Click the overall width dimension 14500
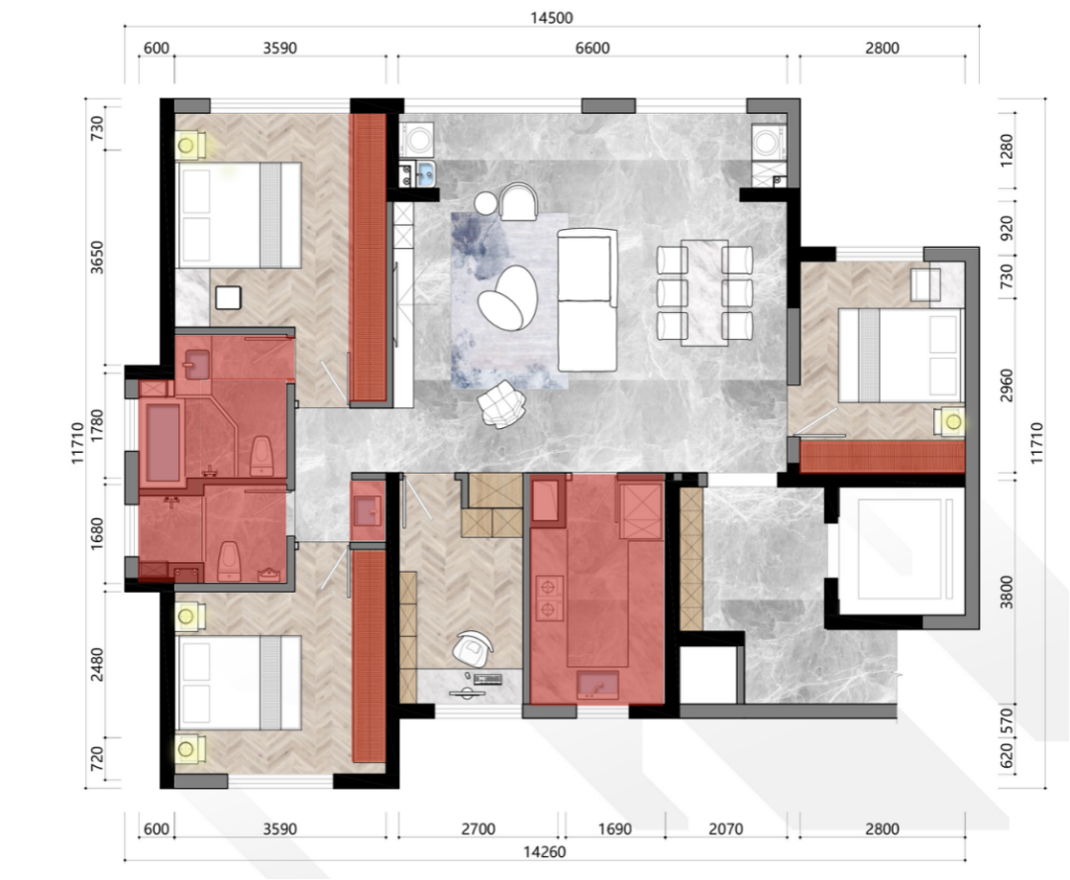click(x=552, y=18)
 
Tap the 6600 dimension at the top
click(x=592, y=49)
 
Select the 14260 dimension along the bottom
click(x=545, y=852)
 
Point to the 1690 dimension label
click(x=615, y=829)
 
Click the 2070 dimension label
click(x=725, y=829)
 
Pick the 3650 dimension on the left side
click(x=97, y=258)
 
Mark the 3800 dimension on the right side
click(x=1007, y=592)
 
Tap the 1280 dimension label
click(x=1007, y=151)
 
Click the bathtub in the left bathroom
click(x=162, y=442)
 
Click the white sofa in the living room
click(x=587, y=299)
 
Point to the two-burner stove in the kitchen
click(x=549, y=598)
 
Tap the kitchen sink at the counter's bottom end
click(x=598, y=685)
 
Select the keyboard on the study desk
click(x=487, y=679)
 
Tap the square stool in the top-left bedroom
click(x=228, y=298)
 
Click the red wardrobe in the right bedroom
click(x=883, y=457)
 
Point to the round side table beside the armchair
click(x=487, y=203)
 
